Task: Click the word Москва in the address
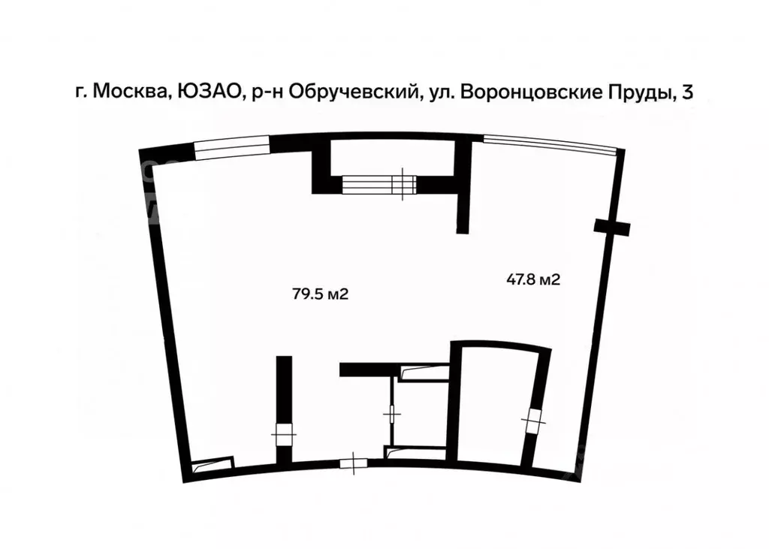pos(131,92)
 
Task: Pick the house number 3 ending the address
pos(686,92)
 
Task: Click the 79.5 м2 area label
pos(321,294)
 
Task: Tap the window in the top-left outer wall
pos(232,146)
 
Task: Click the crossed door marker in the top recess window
pos(405,183)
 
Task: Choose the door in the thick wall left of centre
pos(283,433)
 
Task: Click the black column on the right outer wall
pos(612,226)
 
